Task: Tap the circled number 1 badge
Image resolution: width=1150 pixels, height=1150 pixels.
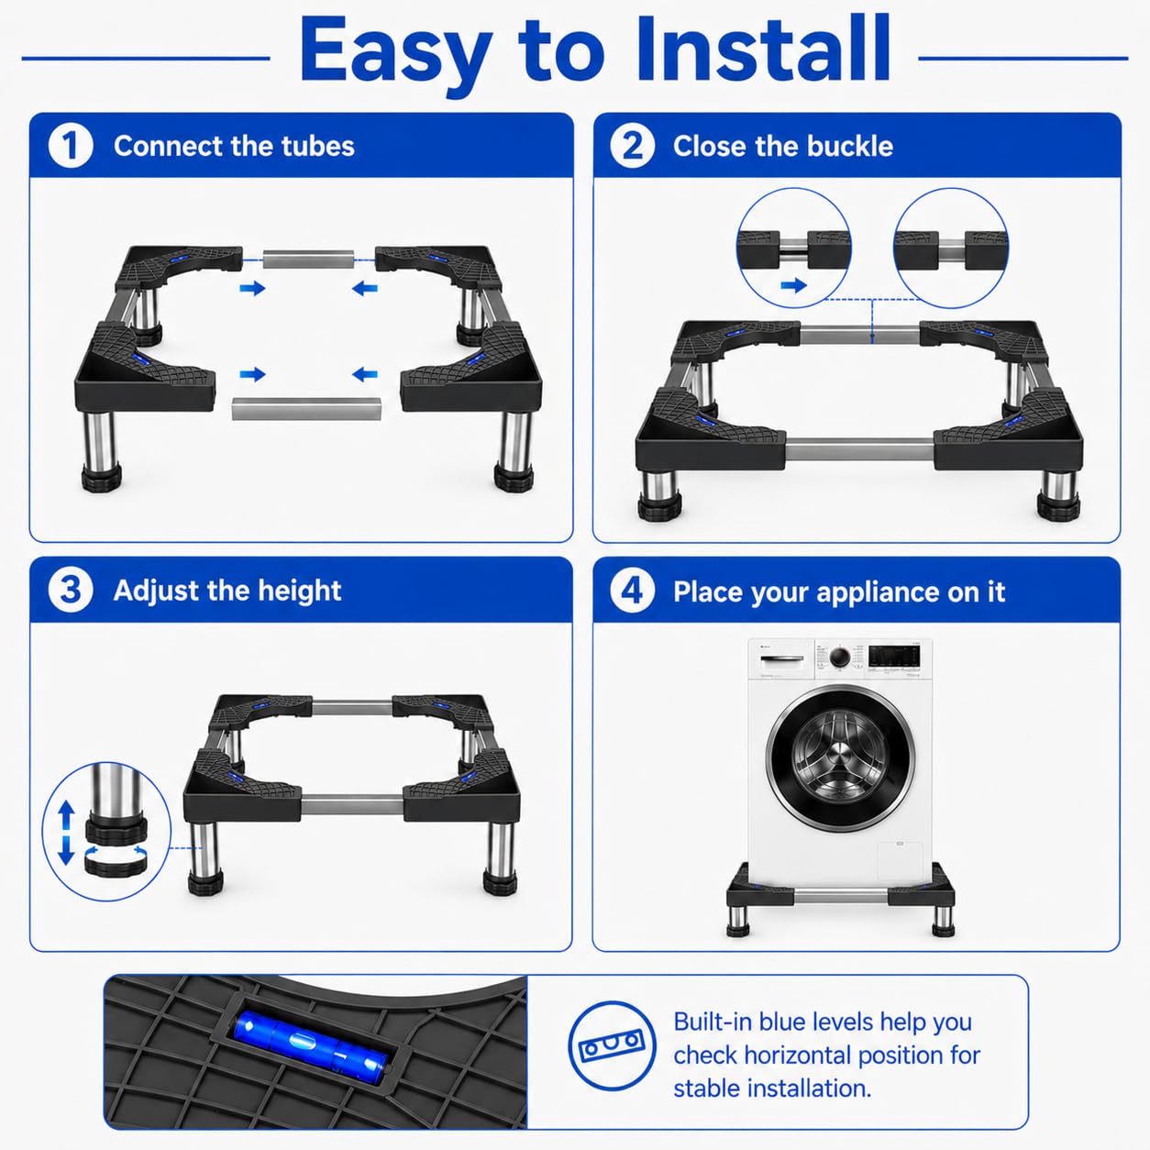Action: [71, 146]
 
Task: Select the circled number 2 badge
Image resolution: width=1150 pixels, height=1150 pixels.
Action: [633, 146]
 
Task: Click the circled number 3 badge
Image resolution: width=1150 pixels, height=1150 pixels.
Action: [71, 591]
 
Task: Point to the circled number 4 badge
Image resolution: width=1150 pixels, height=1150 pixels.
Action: [633, 591]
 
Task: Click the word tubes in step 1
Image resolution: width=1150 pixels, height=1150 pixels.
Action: [318, 146]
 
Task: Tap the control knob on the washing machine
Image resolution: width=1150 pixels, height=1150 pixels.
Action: [841, 657]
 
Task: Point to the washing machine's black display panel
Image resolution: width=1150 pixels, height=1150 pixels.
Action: [894, 657]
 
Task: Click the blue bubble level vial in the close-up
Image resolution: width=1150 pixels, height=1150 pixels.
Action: [309, 1043]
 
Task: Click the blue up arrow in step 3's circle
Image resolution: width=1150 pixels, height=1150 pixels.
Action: [66, 815]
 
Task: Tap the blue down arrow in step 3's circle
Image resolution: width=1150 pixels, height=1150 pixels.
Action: [66, 850]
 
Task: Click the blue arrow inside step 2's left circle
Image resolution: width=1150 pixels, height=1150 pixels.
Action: [794, 286]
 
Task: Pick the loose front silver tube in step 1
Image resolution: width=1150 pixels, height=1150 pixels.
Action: [306, 409]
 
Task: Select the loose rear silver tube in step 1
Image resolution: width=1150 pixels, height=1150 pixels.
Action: [308, 260]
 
